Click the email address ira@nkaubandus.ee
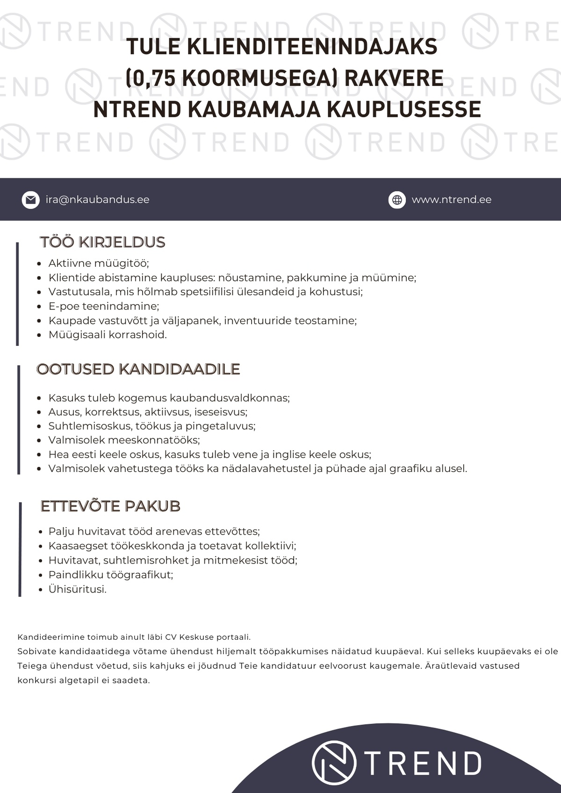[97, 200]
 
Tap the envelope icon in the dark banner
[31, 200]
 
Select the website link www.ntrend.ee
[451, 200]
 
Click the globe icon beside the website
[397, 200]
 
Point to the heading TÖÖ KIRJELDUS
[102, 242]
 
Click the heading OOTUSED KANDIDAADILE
[138, 369]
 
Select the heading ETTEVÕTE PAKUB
[110, 506]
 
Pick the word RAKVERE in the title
[394, 78]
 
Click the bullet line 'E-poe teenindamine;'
[104, 306]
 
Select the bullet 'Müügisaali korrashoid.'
[108, 335]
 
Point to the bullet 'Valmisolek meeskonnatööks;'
[124, 440]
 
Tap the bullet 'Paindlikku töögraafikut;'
[111, 574]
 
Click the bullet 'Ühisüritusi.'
[78, 589]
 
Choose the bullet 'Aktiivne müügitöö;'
[99, 263]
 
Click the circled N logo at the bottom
[334, 763]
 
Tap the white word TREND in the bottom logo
[423, 764]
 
